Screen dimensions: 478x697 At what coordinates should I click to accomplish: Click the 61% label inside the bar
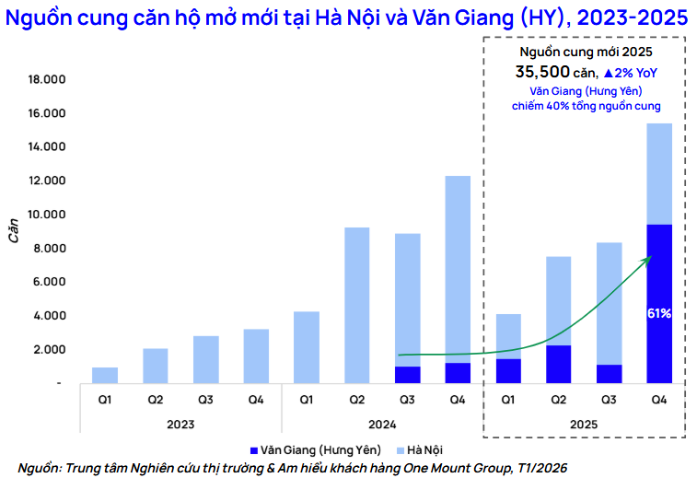tap(659, 313)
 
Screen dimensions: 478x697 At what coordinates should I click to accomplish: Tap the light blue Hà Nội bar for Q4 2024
tap(458, 267)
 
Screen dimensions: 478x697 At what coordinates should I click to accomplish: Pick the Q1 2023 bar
tap(105, 375)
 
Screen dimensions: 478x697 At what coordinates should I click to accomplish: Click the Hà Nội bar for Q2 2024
tap(356, 304)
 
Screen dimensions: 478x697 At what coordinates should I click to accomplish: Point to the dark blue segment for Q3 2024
tap(407, 374)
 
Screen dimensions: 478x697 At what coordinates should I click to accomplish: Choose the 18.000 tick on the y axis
tap(45, 80)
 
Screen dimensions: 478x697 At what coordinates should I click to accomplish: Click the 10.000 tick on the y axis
tap(45, 215)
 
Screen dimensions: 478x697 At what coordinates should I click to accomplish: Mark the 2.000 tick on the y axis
tap(48, 349)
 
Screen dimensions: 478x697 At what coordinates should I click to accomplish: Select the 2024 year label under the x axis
tap(381, 426)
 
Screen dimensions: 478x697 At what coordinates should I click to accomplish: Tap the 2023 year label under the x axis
tap(180, 426)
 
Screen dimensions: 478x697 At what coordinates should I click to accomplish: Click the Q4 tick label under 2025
tap(659, 400)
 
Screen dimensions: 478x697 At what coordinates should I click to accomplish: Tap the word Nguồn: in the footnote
tap(40, 467)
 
